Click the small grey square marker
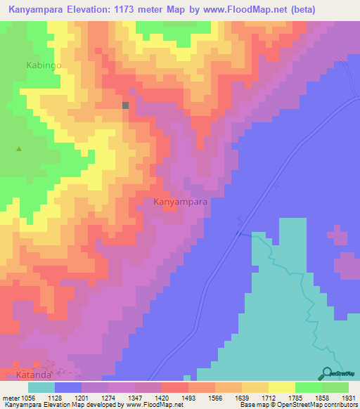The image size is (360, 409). pos(126,105)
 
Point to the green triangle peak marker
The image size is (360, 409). pos(19,148)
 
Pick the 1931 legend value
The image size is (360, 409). pos(349,398)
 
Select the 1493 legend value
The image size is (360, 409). pos(188,398)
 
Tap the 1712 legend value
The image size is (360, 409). pos(269,398)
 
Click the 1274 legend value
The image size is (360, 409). pos(108,398)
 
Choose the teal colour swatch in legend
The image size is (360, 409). pos(41,387)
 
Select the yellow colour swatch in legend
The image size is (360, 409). pos(282,387)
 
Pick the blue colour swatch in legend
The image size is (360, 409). pos(68,387)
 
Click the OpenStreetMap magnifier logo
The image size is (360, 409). pos(326,373)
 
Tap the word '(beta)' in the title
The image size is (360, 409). pos(296,9)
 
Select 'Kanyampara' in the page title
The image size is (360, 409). pos(36,9)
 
